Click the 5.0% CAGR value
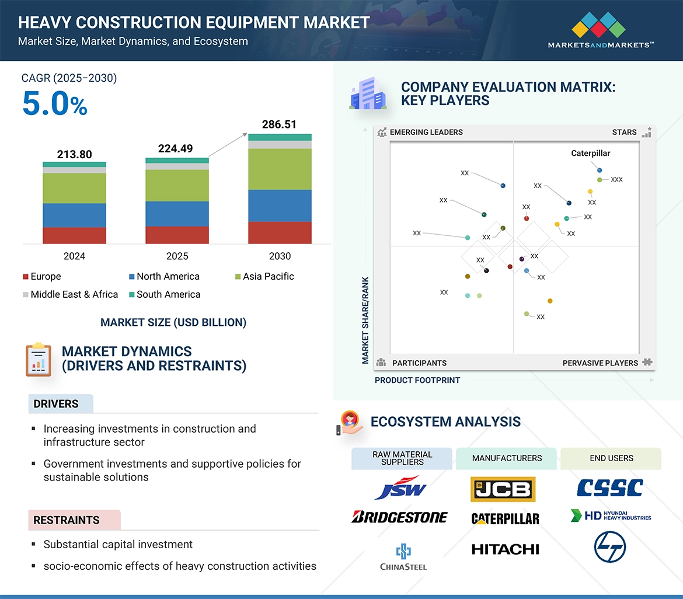click(x=54, y=104)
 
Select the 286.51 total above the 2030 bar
click(x=280, y=124)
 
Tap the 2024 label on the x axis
click(x=74, y=256)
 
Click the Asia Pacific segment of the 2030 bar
click(x=280, y=169)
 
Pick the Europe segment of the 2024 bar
click(x=74, y=235)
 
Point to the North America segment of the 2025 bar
click(x=177, y=214)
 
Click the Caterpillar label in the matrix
click(x=590, y=154)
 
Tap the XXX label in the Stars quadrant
click(x=616, y=180)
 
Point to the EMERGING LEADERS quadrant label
click(x=426, y=132)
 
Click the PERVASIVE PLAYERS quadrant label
click(x=600, y=363)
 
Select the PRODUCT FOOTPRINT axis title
click(x=417, y=380)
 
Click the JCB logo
click(x=503, y=489)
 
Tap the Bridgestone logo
click(x=400, y=517)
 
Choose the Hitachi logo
click(x=505, y=549)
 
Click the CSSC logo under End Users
click(x=609, y=487)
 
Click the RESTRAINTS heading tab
click(x=67, y=520)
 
